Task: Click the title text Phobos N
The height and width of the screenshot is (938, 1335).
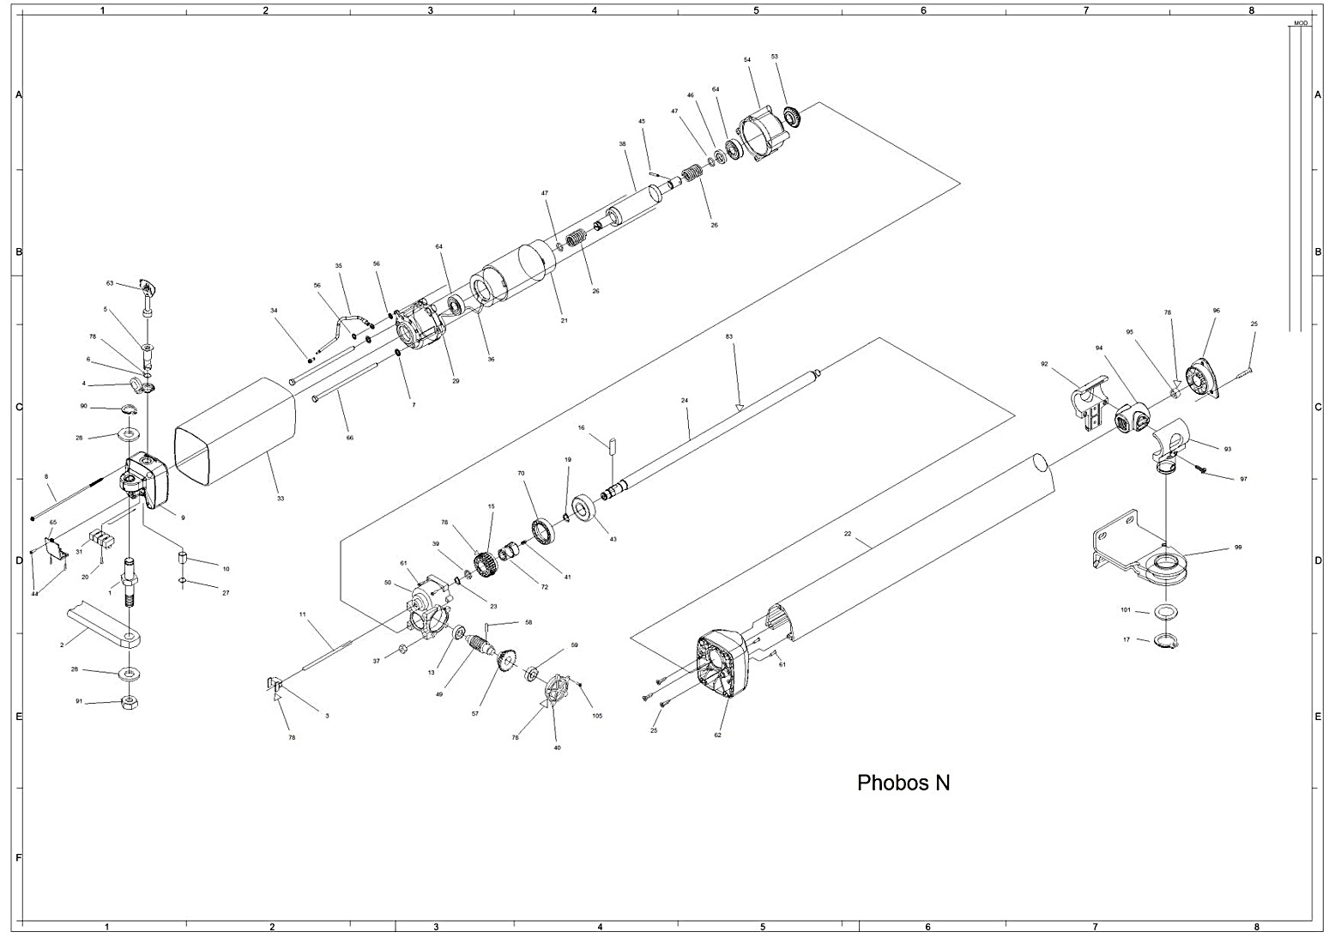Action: [903, 783]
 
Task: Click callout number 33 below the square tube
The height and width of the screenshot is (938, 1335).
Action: [280, 498]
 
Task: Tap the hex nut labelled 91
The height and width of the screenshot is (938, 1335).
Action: [129, 702]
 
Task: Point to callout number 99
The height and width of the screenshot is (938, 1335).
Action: [1213, 547]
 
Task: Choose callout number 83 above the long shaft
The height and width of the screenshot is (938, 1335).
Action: [728, 336]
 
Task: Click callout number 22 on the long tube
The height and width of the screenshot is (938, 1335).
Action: [847, 534]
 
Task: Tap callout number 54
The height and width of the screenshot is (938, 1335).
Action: [746, 60]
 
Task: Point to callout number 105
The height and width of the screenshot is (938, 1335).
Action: [597, 715]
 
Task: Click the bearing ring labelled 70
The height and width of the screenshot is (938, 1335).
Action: [543, 530]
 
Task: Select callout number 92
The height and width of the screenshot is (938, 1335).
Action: [1044, 364]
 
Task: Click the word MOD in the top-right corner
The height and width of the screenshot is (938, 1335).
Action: [1299, 23]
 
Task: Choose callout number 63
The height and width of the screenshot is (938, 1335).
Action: [110, 282]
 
